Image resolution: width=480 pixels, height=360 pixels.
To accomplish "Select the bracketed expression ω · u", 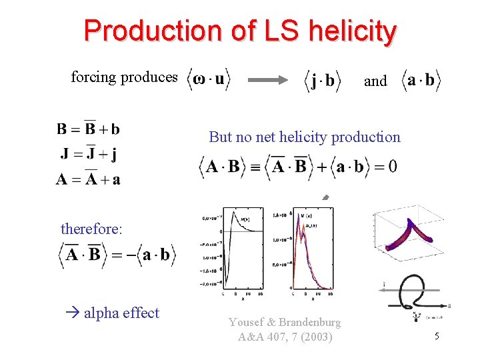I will pyautogui.click(x=208, y=80).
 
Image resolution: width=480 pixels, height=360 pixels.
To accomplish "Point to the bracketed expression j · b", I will pyautogui.click(x=323, y=81).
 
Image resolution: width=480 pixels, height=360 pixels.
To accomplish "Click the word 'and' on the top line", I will pyautogui.click(x=375, y=81).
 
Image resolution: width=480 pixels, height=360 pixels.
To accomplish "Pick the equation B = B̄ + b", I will pyautogui.click(x=88, y=129).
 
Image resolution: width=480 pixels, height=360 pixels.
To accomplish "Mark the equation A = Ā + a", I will pyautogui.click(x=88, y=179).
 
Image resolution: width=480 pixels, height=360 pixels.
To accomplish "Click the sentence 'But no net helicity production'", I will pyautogui.click(x=305, y=137).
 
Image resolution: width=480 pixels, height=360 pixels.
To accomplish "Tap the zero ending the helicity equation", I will pyautogui.click(x=392, y=166).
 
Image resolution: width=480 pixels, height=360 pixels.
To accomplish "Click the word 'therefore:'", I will pyautogui.click(x=92, y=229).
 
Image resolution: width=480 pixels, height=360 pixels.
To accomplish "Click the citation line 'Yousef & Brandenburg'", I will pyautogui.click(x=285, y=323).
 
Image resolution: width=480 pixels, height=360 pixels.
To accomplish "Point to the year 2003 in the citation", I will pyautogui.click(x=315, y=337).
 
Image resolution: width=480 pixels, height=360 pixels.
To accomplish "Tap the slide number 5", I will pyautogui.click(x=437, y=337).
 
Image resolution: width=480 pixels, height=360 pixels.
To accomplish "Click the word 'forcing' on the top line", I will pyautogui.click(x=93, y=77).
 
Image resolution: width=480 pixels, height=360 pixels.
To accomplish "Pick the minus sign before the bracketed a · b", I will pyautogui.click(x=130, y=255).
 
